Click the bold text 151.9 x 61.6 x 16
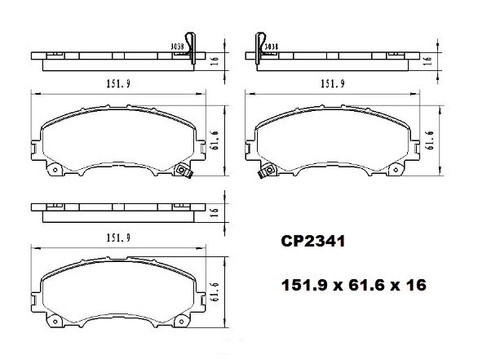pyautogui.click(x=352, y=285)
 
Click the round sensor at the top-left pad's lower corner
pyautogui.click(x=183, y=172)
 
